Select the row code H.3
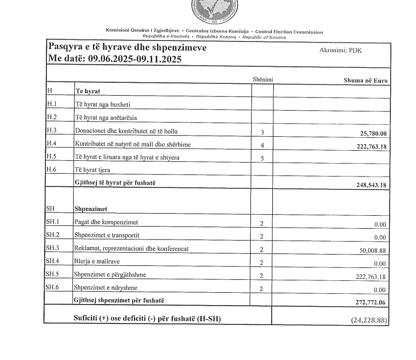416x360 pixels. click(x=52, y=131)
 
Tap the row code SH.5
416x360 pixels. click(x=54, y=275)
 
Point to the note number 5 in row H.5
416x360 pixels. click(x=262, y=159)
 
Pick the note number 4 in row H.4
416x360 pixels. click(x=262, y=146)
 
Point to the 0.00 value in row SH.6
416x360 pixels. click(x=380, y=290)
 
